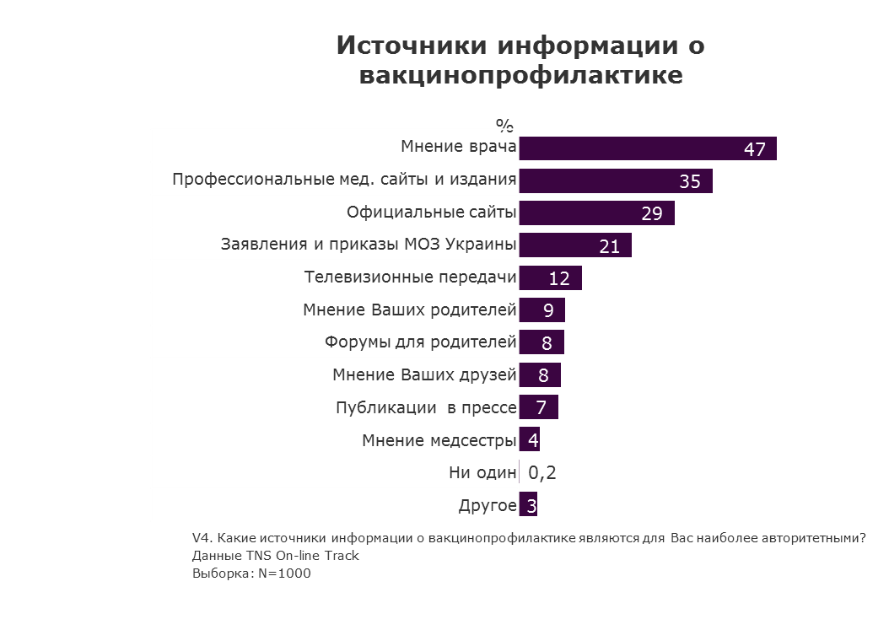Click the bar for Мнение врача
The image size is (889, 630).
click(647, 148)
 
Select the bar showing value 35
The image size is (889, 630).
click(615, 180)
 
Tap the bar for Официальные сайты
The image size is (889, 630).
click(596, 213)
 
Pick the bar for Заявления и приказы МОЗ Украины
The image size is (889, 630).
click(574, 245)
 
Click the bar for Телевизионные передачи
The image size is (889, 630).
click(550, 278)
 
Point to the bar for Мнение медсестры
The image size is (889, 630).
click(529, 439)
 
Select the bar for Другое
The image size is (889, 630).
click(528, 505)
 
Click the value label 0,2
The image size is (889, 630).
click(542, 473)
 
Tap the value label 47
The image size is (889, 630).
click(754, 149)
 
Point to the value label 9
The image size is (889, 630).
click(548, 310)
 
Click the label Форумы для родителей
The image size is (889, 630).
click(420, 342)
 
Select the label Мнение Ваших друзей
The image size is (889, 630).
click(424, 375)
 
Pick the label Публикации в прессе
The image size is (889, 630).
click(426, 408)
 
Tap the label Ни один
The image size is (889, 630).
click(482, 473)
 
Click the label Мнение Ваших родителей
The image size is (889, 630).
click(409, 310)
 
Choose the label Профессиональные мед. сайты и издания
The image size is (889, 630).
click(344, 180)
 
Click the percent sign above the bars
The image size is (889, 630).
click(504, 126)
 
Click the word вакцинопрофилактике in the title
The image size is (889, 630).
click(520, 75)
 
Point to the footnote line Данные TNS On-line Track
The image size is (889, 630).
click(275, 556)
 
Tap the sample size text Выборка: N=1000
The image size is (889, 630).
click(251, 573)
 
